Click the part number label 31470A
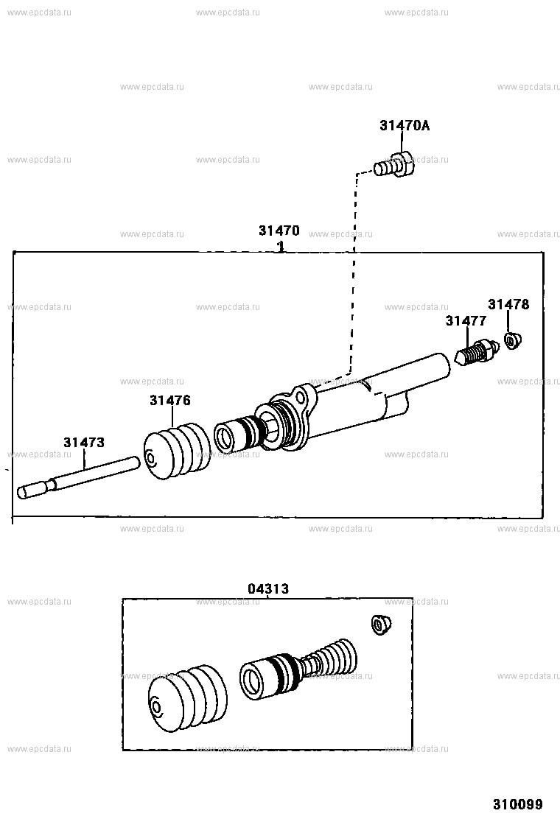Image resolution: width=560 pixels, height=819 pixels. pos(405,126)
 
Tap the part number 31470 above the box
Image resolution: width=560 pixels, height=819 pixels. pos(279,231)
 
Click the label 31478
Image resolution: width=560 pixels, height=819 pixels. pos(508,304)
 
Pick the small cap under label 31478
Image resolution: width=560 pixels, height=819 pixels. pos(512,340)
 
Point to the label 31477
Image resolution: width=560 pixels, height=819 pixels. pos(466,320)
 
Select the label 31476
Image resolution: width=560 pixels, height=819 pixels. pos(169,401)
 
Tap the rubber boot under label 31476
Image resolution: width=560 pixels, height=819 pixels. pos(177,452)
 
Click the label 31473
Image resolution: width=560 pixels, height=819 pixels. pos(83,443)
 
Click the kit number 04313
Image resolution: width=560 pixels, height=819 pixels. pos(267,588)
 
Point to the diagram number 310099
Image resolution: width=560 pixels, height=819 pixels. pos(518,804)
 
